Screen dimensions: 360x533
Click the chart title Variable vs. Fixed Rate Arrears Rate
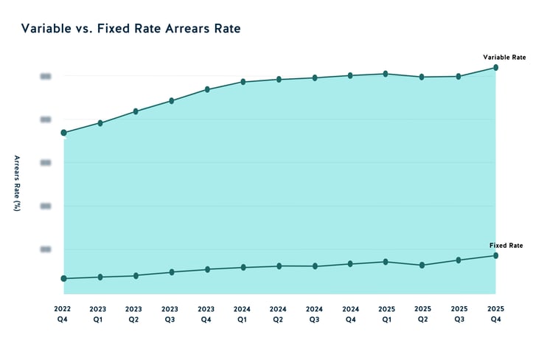[130, 29]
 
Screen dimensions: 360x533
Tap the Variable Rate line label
[504, 57]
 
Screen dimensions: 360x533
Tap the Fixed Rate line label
[506, 245]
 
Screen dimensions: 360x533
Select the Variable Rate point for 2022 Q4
[63, 133]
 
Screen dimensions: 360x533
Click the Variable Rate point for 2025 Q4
[495, 67]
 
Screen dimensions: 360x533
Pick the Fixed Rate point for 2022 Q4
[63, 278]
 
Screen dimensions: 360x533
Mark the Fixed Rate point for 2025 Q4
[495, 255]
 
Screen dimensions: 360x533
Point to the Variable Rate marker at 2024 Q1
[243, 82]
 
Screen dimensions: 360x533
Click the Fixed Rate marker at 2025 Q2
[422, 265]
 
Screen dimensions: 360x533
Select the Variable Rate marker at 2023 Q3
[171, 100]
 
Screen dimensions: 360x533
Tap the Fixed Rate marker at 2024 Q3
[315, 266]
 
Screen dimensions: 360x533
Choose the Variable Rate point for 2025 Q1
[386, 74]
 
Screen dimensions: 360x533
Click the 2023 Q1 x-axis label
[99, 314]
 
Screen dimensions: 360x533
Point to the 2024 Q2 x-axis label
[278, 314]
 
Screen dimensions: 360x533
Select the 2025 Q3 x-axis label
[459, 314]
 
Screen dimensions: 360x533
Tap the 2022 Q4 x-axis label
[63, 314]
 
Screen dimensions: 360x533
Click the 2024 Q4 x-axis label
[351, 314]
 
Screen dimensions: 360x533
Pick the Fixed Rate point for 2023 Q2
[135, 276]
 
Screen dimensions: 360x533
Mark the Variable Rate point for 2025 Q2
[422, 77]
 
